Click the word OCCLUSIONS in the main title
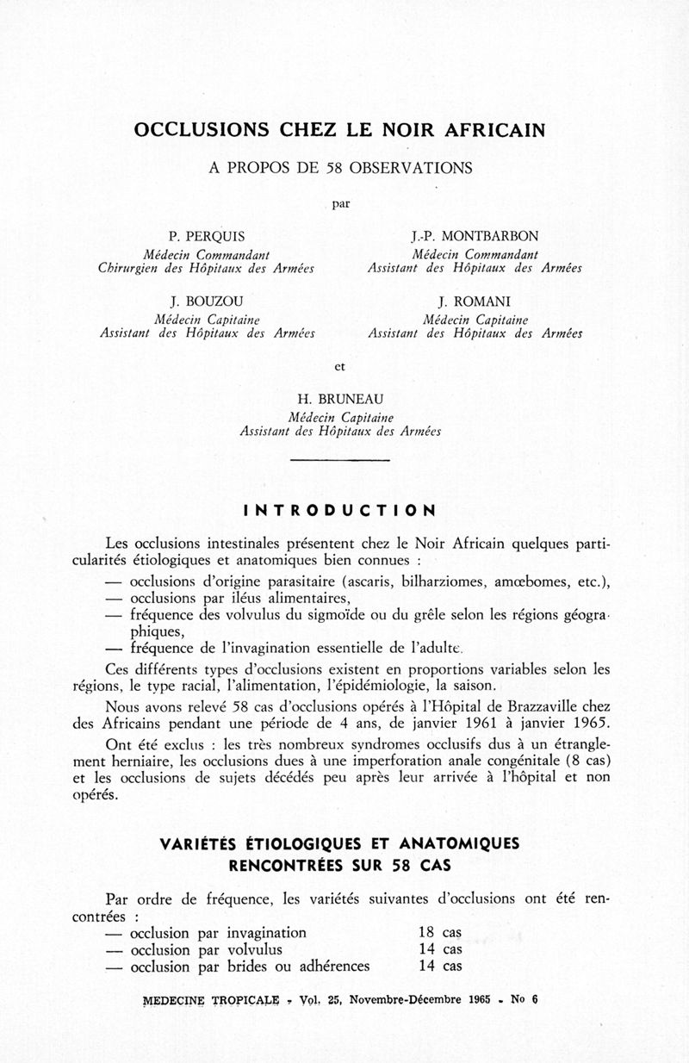200,131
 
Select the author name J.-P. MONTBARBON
475,237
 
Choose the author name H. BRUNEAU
340,399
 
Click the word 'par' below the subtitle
340,204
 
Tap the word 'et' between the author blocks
340,365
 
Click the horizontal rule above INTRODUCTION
340,461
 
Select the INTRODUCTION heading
340,510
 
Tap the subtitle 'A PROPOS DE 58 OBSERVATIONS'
340,168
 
